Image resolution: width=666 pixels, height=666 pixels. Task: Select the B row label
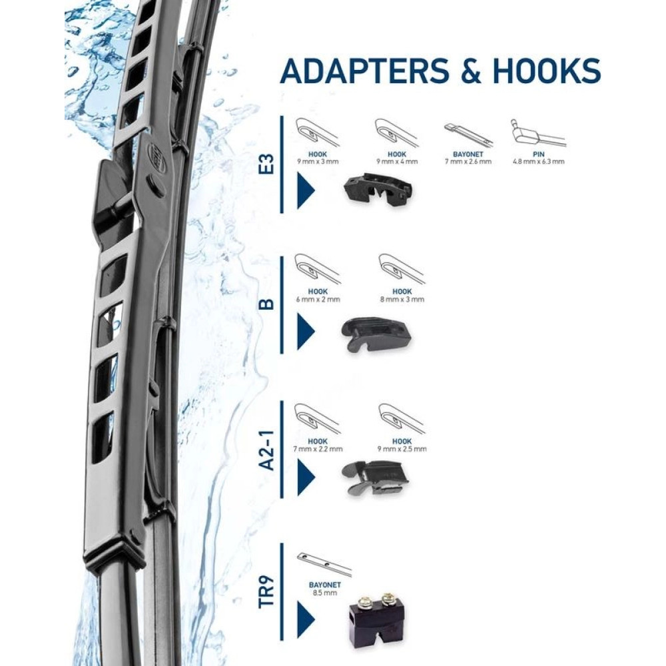266,304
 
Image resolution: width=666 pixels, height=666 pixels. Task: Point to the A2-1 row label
266,450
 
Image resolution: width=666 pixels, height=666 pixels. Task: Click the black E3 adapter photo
377,189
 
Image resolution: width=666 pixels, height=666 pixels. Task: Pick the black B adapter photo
376,333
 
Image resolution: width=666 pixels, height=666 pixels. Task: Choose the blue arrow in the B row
306,331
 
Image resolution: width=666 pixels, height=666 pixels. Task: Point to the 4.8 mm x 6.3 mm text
539,161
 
